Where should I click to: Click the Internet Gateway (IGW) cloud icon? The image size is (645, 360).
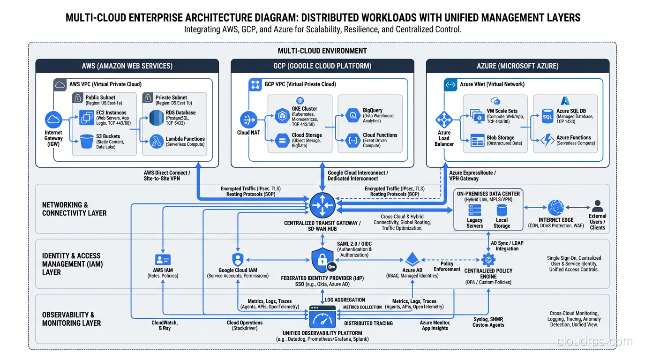pyautogui.click(x=53, y=120)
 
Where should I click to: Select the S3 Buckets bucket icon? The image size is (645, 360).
pyautogui.click(x=87, y=141)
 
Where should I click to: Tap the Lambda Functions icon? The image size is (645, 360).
pyautogui.click(x=157, y=141)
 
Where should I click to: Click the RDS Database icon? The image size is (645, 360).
pyautogui.click(x=157, y=118)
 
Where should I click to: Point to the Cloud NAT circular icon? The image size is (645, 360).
pyautogui.click(x=248, y=120)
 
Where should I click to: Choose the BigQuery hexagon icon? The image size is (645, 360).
pyautogui.click(x=352, y=115)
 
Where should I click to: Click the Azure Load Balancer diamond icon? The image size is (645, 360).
pyautogui.click(x=443, y=120)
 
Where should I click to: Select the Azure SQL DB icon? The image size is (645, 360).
pyautogui.click(x=547, y=116)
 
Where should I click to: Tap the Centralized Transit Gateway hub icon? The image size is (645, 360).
pyautogui.click(x=322, y=205)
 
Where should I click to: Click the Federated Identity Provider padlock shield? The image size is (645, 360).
pyautogui.click(x=322, y=261)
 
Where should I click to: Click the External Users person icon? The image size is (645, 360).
pyautogui.click(x=597, y=206)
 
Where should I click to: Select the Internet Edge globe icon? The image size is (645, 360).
pyautogui.click(x=556, y=207)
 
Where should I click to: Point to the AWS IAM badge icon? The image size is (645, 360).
pyautogui.click(x=163, y=260)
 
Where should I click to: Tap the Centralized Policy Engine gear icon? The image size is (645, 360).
pyautogui.click(x=488, y=259)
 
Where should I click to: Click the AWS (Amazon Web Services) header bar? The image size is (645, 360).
pyautogui.click(x=127, y=66)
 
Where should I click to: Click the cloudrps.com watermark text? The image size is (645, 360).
pyautogui.click(x=594, y=342)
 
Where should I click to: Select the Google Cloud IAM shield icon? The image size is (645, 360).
pyautogui.click(x=238, y=259)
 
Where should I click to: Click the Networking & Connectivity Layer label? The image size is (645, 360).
pyautogui.click(x=74, y=209)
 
